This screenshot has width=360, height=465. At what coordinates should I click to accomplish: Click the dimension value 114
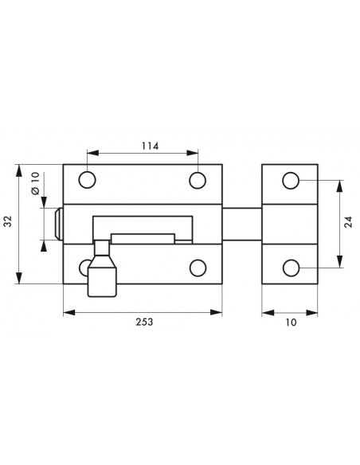[x=150, y=146]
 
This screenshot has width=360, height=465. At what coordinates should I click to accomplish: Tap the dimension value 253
[x=144, y=322]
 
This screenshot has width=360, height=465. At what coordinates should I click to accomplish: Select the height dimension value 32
[x=8, y=221]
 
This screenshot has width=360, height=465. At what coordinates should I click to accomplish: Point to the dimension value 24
[x=349, y=222]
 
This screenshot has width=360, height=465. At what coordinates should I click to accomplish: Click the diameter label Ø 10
[x=35, y=183]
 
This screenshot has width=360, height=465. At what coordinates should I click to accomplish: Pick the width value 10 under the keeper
[x=291, y=322]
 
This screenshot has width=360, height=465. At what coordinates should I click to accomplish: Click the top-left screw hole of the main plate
[x=87, y=180]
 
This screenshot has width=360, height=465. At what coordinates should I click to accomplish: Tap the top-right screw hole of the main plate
[x=198, y=180]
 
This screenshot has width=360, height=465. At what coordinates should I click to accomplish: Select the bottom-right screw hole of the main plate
[x=198, y=268]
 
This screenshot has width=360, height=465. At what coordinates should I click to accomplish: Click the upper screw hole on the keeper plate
[x=291, y=180]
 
